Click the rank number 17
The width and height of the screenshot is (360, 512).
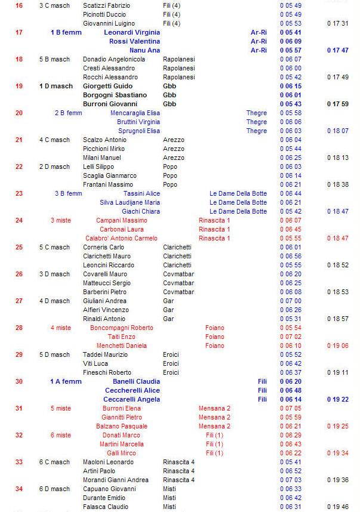[19, 32]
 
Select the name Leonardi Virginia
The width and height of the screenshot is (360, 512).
[132, 32]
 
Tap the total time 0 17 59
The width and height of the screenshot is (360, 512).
[338, 104]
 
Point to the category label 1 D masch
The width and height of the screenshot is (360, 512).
[56, 86]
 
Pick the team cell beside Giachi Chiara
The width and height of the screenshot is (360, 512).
[238, 211]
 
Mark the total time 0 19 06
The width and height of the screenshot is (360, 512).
[338, 346]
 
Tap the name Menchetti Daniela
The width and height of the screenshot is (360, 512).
[122, 346]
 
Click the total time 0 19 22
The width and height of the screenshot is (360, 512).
[338, 399]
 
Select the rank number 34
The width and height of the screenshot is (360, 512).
[19, 489]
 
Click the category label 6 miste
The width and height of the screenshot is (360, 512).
[61, 435]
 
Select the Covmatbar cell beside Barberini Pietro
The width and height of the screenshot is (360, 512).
[179, 292]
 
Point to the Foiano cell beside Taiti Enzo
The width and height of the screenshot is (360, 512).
[215, 337]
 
